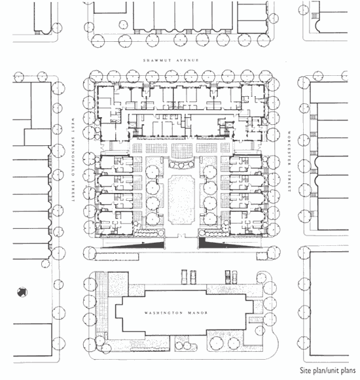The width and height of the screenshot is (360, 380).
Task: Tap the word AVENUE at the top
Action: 187,60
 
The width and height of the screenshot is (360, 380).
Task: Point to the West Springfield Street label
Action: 73,160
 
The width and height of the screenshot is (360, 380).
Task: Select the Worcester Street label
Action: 289,162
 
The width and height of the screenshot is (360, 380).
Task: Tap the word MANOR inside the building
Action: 198,313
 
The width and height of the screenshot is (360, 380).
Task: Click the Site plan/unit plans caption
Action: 328,371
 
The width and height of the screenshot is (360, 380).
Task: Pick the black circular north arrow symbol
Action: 22,292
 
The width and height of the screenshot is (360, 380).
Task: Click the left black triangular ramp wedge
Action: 143,245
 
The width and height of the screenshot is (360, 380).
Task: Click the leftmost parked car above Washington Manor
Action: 185,277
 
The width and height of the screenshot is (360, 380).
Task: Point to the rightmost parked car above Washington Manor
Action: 234,277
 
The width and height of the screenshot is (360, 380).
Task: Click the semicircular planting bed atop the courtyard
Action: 181,164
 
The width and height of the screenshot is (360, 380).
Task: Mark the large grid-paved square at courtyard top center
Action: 181,150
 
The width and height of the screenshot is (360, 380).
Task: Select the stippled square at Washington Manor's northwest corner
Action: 118,285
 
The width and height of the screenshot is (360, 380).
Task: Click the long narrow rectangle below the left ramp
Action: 117,256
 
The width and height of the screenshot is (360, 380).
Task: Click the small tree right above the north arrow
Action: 45,264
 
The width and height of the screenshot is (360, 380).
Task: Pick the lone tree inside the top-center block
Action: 124,25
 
